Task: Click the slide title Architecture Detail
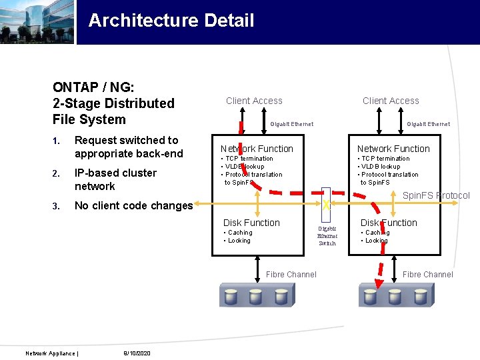pos(171,21)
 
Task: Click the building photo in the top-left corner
pos(37,22)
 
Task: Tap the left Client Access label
pos(254,101)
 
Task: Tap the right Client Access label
pos(391,101)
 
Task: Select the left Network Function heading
pos(257,149)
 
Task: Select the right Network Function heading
pos(393,149)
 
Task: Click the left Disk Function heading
pos(251,223)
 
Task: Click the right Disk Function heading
pos(389,223)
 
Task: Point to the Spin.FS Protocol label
pos(436,195)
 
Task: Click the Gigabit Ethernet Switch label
pos(327,236)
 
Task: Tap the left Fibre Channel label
pos(291,274)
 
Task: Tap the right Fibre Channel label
pos(428,274)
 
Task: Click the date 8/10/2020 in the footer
pos(137,353)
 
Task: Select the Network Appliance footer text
pos(51,353)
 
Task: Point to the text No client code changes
pos(133,205)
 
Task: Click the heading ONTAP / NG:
pos(93,87)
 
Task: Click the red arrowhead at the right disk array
pos(379,284)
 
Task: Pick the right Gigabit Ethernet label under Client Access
pos(428,124)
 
